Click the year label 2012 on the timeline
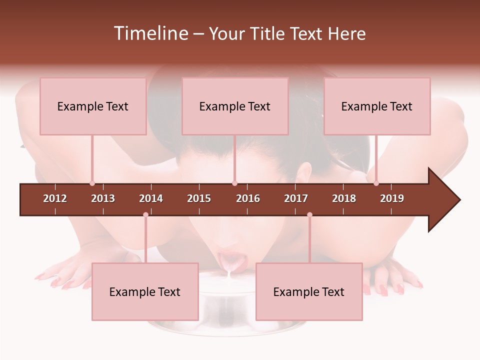pos(55,198)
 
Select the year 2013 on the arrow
pos(103,198)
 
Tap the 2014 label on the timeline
pos(151,198)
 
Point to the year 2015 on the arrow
pos(199,198)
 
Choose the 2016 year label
pos(248,198)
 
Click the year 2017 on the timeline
pos(296,198)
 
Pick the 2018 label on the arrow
pos(344,198)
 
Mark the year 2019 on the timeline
pos(392,198)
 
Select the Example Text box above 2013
pos(93,106)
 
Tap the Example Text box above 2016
pos(235,106)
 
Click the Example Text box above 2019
pos(377,106)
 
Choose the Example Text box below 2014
pos(145,291)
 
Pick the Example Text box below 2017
pos(309,291)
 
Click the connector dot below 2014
pos(145,214)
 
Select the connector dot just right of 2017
pos(309,214)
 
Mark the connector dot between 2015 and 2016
pos(234,183)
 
